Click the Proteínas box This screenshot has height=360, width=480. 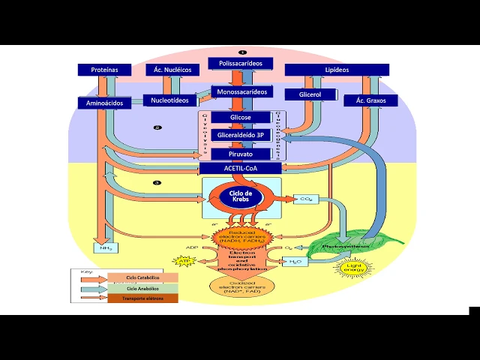click(105, 70)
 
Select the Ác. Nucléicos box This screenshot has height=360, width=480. click(172, 70)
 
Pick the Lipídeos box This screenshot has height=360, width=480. click(337, 70)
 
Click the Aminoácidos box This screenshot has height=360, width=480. click(105, 103)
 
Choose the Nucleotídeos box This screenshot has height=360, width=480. click(169, 100)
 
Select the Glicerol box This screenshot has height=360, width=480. click(310, 94)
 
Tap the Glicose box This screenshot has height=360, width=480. click(241, 118)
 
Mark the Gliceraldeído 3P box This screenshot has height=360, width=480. click(241, 135)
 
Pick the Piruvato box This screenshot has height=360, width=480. click(241, 153)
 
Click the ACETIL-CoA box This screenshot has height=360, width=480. click(241, 169)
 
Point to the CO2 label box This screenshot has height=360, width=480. click(306, 200)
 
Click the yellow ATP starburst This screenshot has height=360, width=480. click(183, 261)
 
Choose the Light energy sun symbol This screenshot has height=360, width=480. click(353, 268)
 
